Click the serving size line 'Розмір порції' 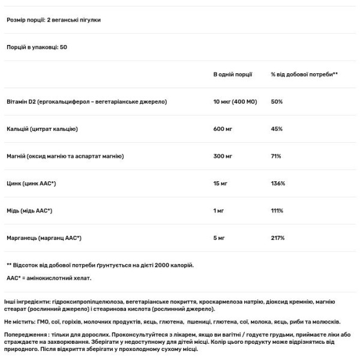53,20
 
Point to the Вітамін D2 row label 86,101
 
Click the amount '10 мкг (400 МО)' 235,101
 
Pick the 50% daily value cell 277,101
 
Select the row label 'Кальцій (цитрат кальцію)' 43,129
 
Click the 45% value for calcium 277,129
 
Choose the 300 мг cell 224,156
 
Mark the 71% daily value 276,156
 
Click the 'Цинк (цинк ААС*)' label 31,184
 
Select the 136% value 278,184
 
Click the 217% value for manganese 278,238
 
